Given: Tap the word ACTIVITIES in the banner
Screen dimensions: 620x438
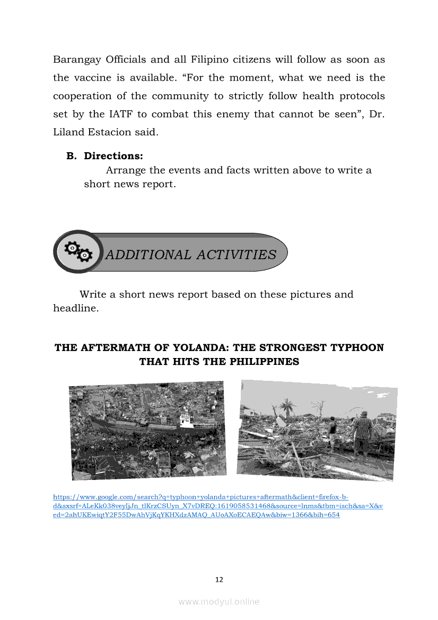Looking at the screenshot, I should pyautogui.click(x=236, y=255).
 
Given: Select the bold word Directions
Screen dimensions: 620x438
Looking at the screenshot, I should pyautogui.click(x=113, y=156).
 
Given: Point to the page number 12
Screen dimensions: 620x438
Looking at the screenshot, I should pyautogui.click(x=219, y=580).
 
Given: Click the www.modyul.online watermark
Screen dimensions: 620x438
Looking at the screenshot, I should pyautogui.click(x=219, y=601).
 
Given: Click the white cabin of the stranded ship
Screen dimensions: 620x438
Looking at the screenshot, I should pyautogui.click(x=186, y=421).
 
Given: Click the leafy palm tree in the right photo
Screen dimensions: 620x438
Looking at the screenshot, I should pyautogui.click(x=287, y=407).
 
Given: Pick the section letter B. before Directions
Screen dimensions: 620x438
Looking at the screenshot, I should pyautogui.click(x=72, y=156).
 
